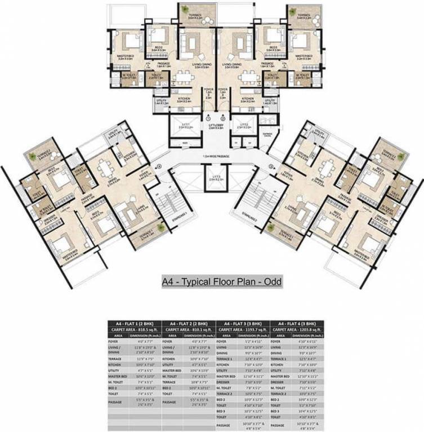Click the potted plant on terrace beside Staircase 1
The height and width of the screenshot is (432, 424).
[161, 228]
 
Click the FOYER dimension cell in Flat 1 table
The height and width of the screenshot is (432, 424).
[146, 341]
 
